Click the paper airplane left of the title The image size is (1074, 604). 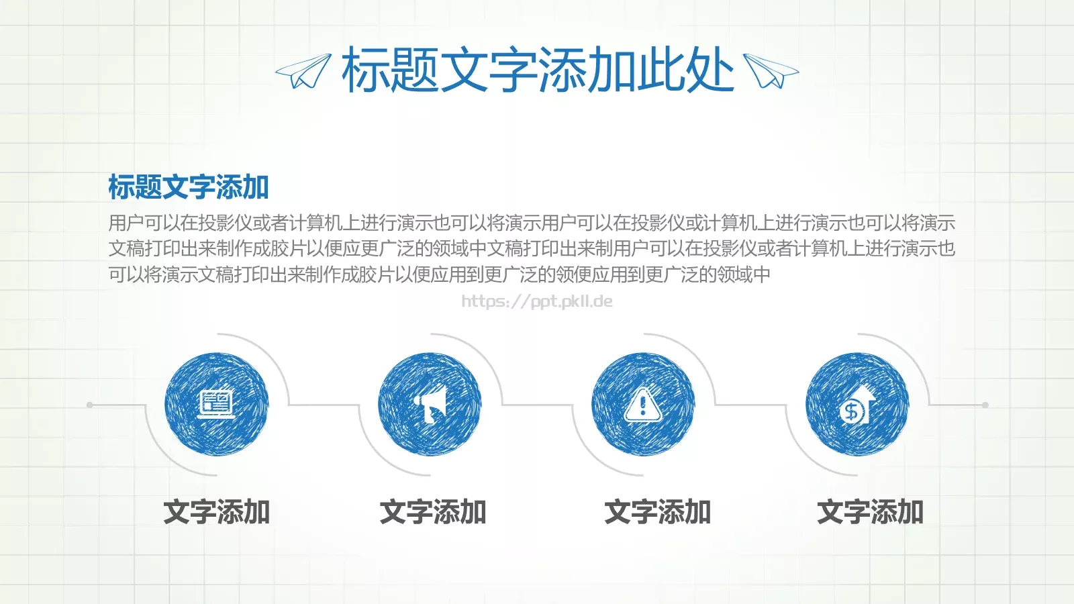point(303,71)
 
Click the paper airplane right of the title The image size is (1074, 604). point(771,71)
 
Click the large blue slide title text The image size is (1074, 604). point(537,70)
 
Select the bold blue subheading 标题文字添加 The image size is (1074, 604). point(189,187)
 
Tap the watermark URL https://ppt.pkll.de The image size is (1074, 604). point(537,301)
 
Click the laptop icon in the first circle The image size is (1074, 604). point(216,404)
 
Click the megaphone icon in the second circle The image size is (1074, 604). point(430,404)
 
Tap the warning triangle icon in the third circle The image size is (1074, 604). point(643,405)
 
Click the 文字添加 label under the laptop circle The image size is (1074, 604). point(216,512)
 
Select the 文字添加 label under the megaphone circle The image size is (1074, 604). point(433,512)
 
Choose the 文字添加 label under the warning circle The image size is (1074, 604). point(657,512)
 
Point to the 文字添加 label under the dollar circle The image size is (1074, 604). point(870,512)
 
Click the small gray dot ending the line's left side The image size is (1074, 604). point(90,405)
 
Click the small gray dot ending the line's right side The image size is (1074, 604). point(985,405)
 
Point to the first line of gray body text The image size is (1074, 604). point(532,222)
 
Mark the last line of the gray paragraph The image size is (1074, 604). point(440,274)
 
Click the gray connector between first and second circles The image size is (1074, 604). point(324,405)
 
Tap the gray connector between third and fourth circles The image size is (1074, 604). point(750,405)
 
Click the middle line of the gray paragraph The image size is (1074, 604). point(532,248)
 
